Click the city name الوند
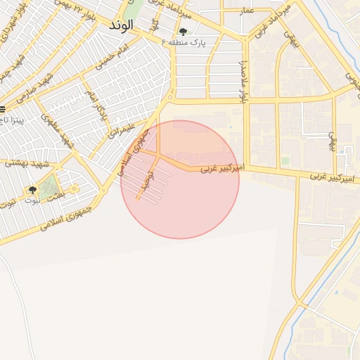point(122,25)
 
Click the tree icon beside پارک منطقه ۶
point(184,32)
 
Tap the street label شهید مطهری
point(59,126)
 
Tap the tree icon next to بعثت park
point(32,190)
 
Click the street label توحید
point(146,180)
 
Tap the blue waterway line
point(330,281)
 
